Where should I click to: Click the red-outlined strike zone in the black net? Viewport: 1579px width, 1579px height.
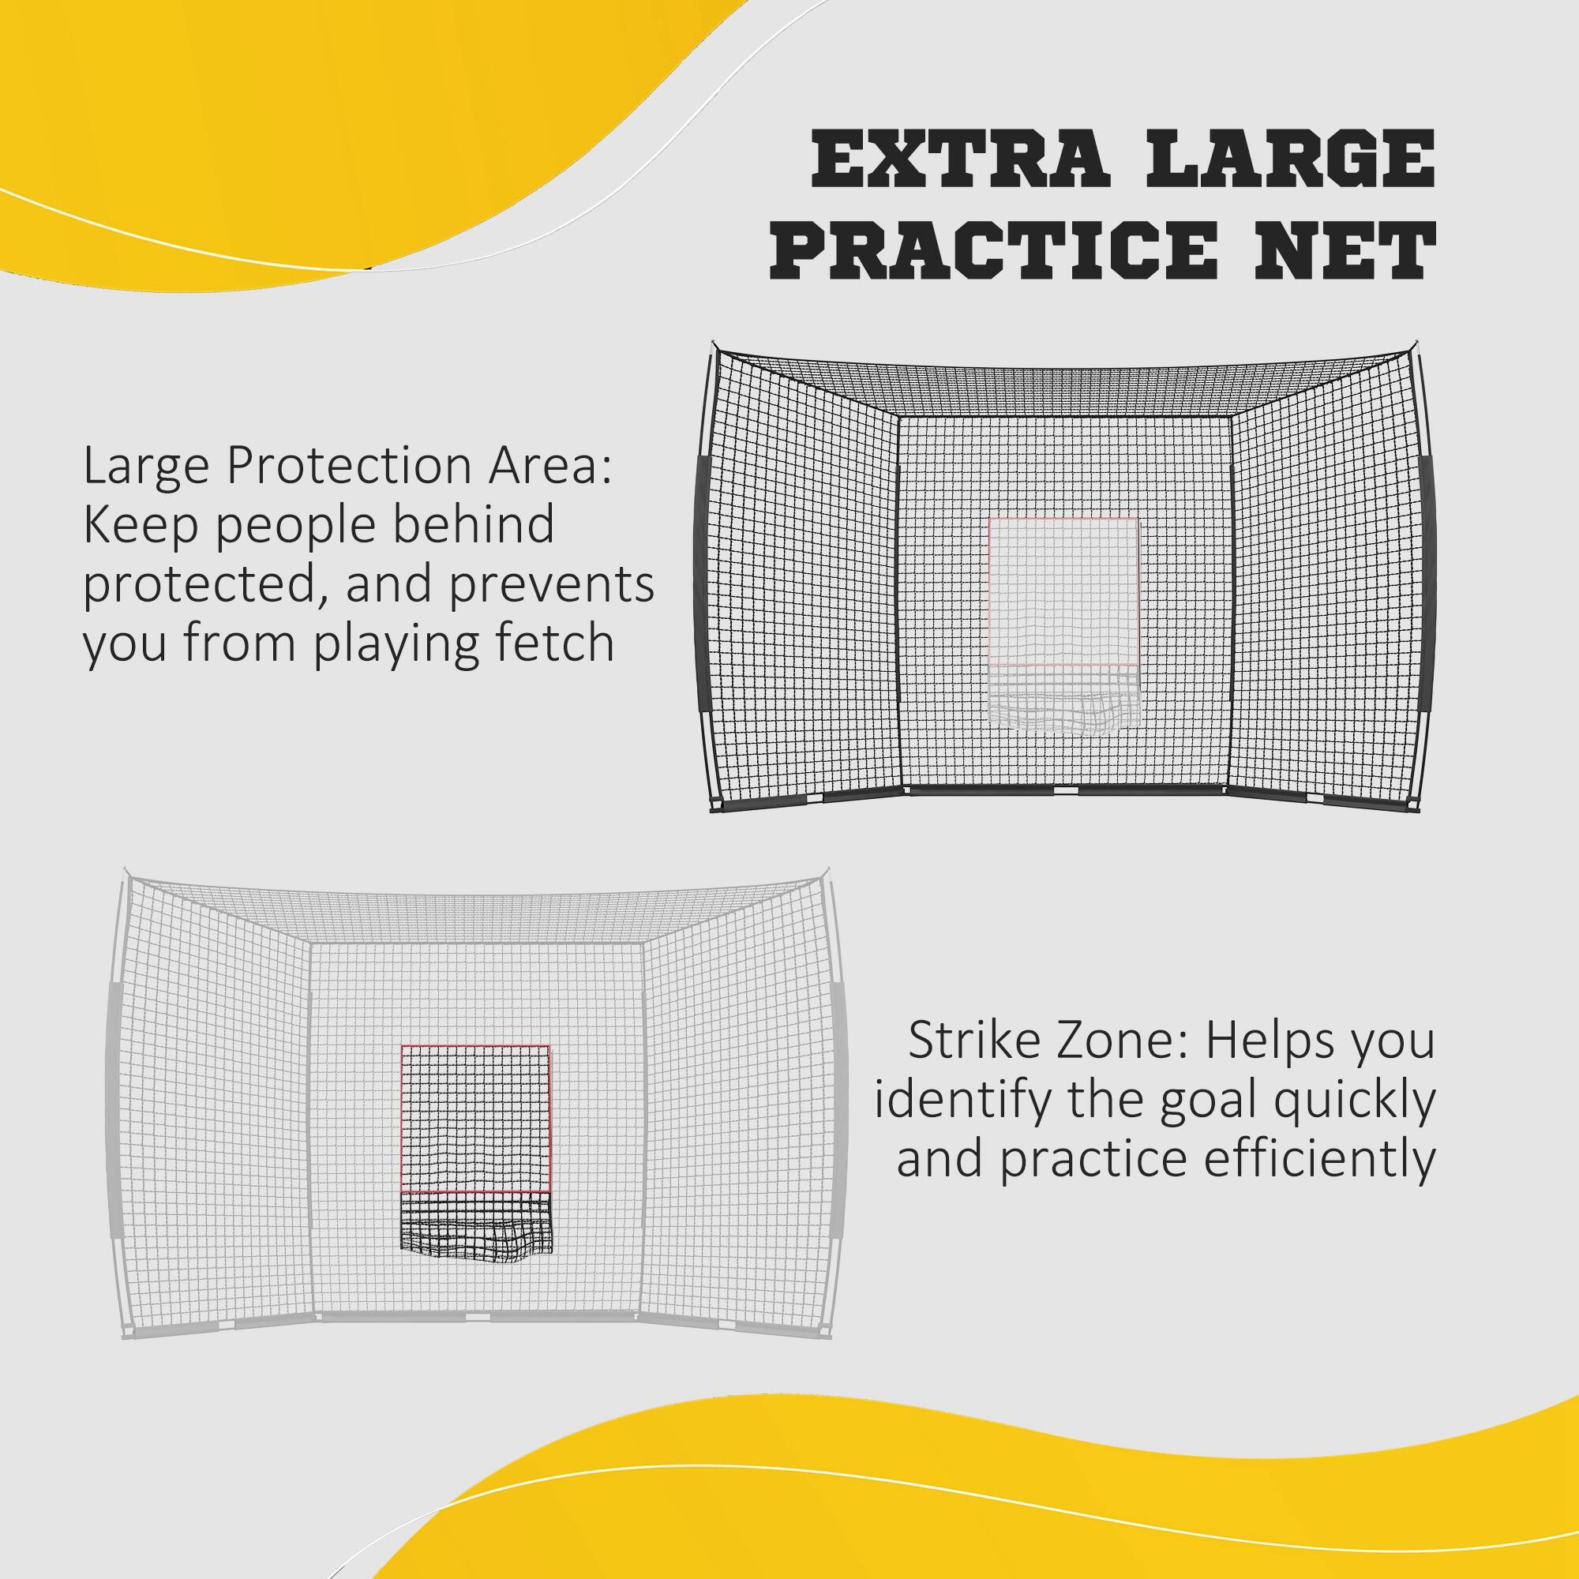(x=1063, y=591)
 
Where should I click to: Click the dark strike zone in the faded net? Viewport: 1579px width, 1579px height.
(x=475, y=1118)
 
